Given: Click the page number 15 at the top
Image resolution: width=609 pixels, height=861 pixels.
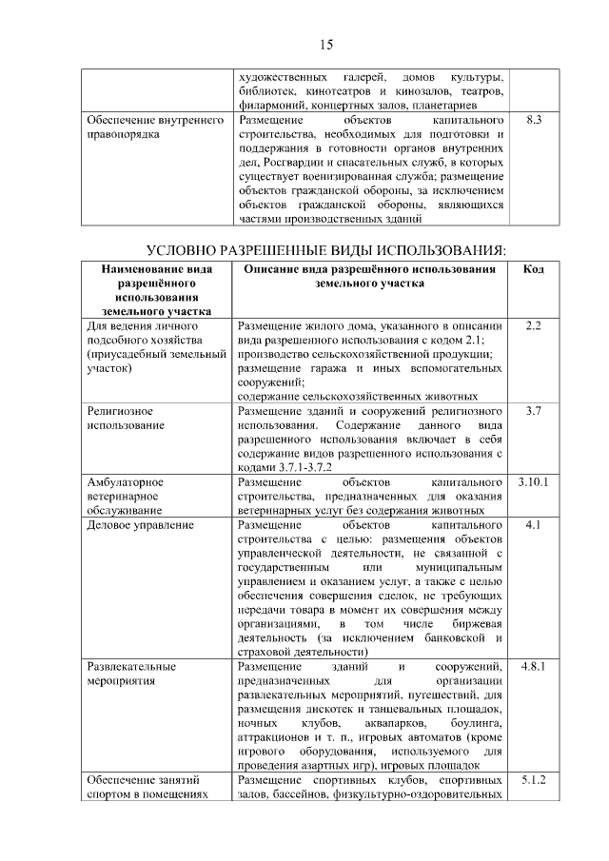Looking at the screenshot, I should coord(325,45).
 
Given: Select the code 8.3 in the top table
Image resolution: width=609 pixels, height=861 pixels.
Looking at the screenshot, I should coord(534,121).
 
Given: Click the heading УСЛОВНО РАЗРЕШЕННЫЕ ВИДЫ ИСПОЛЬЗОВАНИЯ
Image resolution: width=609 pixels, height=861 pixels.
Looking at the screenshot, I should coord(325,250).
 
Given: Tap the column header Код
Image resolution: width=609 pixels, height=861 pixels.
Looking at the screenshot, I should coord(534,269).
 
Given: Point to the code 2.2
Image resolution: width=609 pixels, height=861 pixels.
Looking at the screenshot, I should coord(534,326).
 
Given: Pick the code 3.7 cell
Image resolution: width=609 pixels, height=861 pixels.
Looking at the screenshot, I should coord(534,410).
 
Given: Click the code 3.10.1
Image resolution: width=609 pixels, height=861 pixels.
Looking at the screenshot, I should coord(534,482).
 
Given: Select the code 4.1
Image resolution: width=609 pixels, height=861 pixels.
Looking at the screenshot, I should coord(534,524).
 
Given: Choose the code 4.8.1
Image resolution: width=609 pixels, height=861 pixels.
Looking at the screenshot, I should coord(534,667).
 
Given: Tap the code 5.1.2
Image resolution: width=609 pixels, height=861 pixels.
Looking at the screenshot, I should coord(534,781).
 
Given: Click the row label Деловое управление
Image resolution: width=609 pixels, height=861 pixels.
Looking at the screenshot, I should coord(133,525).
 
